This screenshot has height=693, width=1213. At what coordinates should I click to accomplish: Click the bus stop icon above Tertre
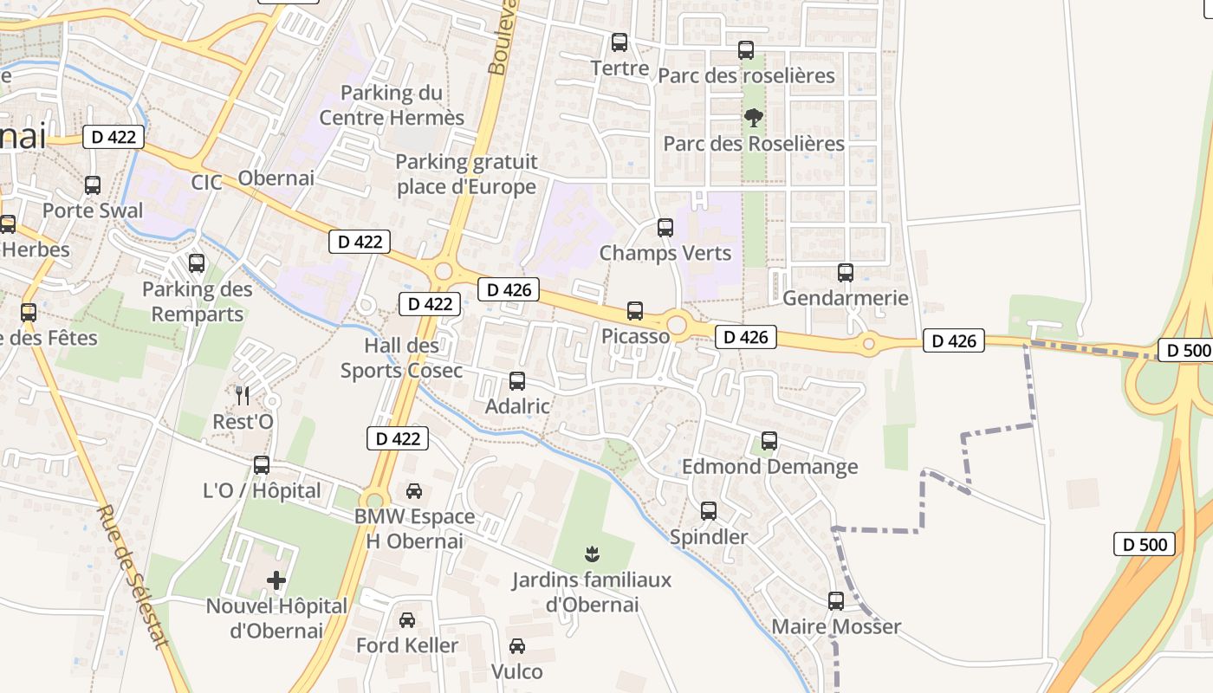point(619,42)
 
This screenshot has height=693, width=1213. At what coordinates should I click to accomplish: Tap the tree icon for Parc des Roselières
point(754,117)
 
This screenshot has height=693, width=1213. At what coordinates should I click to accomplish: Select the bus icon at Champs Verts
point(665,228)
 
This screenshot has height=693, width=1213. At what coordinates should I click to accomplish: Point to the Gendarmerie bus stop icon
point(846,273)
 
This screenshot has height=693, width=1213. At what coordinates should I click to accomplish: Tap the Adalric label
point(517,406)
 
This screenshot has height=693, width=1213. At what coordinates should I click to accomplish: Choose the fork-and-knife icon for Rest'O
point(243,396)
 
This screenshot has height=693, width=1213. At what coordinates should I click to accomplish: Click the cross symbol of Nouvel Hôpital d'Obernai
point(276,580)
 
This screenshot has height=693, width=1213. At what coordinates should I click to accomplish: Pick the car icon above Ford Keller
point(407,619)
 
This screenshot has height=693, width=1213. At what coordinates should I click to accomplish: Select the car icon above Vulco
point(517,645)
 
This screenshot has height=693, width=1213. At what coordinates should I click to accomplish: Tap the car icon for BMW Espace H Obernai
point(414,491)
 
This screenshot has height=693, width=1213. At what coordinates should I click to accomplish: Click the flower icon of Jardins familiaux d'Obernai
point(593,553)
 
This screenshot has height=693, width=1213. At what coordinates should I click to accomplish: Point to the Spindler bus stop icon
point(709,511)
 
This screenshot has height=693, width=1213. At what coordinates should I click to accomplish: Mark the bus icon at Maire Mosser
point(836,600)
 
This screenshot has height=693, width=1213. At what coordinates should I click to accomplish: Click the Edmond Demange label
point(769,467)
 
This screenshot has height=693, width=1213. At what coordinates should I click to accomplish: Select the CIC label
point(207,183)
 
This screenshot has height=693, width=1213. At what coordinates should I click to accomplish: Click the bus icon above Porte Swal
point(93,185)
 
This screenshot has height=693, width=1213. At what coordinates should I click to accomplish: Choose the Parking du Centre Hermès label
point(392,105)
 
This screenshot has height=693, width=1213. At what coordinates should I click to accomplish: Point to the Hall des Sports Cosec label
point(401,359)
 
